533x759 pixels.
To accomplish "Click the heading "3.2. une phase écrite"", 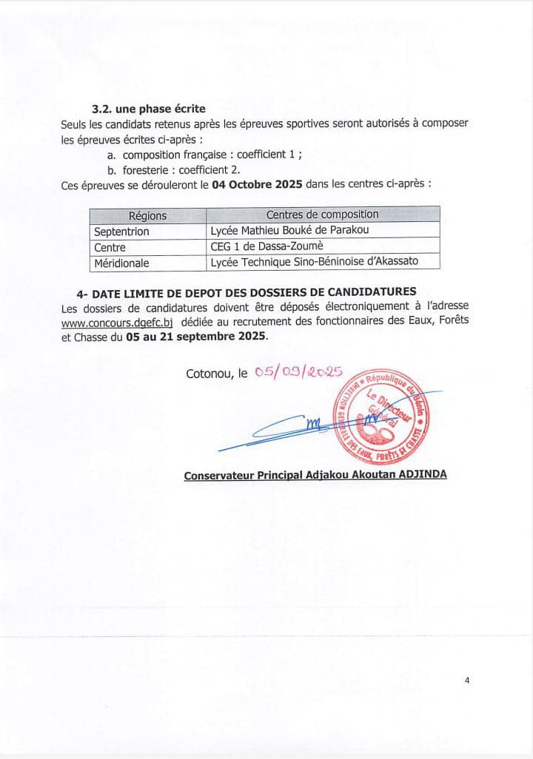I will [x=143, y=108].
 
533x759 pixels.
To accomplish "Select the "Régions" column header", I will [x=147, y=215].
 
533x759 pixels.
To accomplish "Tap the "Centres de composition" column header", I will [x=322, y=215].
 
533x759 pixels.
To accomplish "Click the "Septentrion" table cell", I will [x=121, y=231].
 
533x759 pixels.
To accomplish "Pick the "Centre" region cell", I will [x=110, y=247].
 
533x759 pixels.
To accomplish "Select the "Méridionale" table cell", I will [x=121, y=263].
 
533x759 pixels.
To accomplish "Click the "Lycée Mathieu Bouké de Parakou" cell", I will [x=289, y=231].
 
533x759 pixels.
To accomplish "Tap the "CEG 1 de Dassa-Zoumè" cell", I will [x=267, y=246].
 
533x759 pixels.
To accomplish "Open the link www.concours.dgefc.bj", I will [x=117, y=321].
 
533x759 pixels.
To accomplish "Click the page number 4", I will [x=467, y=682].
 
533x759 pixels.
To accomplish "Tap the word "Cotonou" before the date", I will [x=210, y=375].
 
